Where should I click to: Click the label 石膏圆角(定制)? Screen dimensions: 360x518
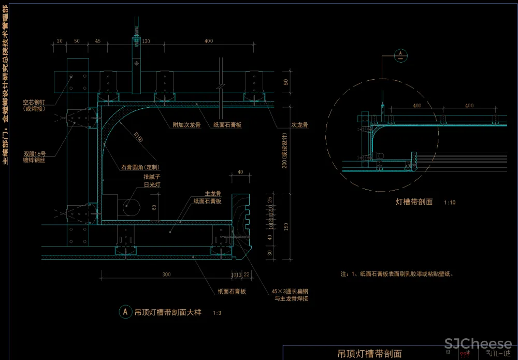[140, 167]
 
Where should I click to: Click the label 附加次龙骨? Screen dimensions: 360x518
[186, 125]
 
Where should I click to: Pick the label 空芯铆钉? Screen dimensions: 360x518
[35, 102]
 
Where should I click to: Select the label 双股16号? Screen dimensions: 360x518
[35, 154]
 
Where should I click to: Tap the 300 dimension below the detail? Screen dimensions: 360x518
[166, 274]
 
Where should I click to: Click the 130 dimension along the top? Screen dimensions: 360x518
[146, 41]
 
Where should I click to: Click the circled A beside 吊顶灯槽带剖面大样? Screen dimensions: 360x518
[125, 312]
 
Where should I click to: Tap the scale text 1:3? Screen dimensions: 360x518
[217, 313]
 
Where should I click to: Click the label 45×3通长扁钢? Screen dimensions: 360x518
[292, 291]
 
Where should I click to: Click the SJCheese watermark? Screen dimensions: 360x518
[478, 343]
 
